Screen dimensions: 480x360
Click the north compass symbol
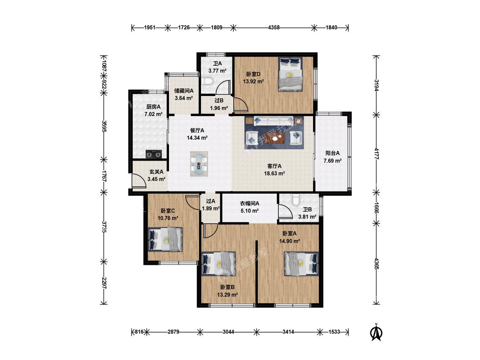tap(376, 332)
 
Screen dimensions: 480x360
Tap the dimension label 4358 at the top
tap(273, 28)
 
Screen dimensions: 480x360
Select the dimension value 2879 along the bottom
tap(173, 332)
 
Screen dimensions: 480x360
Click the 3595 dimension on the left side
tap(104, 126)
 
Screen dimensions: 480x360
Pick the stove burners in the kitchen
tap(154, 154)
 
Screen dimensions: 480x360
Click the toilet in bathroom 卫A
tap(207, 82)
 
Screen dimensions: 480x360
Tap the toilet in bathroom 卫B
tap(296, 200)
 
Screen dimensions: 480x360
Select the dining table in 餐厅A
tap(199, 164)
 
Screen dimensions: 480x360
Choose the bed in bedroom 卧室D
tap(291, 74)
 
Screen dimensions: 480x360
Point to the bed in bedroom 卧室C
tap(165, 239)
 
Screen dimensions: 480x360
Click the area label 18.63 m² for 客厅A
tap(275, 173)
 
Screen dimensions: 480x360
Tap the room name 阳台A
tap(332, 153)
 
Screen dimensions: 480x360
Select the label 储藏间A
tap(183, 91)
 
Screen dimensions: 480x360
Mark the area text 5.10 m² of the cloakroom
tap(250, 211)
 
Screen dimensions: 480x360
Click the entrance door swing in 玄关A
tap(139, 180)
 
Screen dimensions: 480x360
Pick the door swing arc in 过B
tap(241, 105)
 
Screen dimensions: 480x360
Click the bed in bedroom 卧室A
tap(301, 264)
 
